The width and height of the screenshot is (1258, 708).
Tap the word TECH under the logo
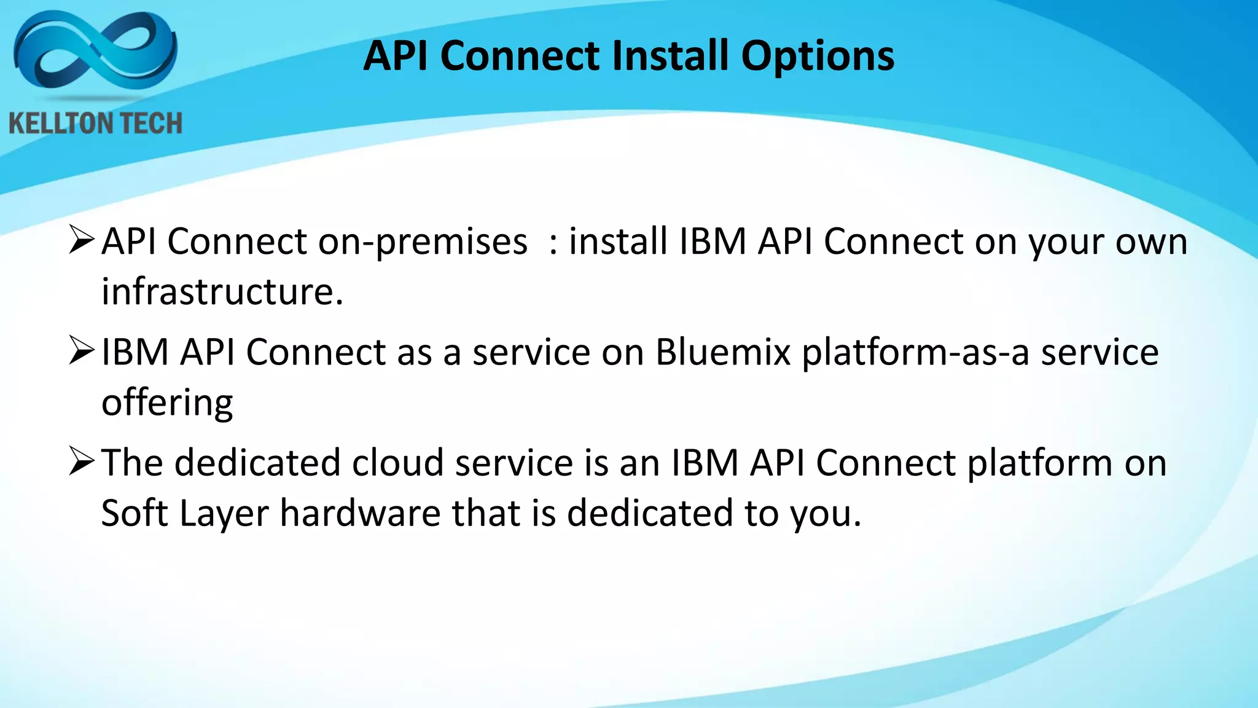click(150, 124)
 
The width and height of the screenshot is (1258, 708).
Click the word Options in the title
click(818, 57)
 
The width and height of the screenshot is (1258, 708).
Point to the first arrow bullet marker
click(82, 240)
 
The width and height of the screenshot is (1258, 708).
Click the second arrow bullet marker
click(82, 351)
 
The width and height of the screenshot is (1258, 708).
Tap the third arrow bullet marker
click(82, 462)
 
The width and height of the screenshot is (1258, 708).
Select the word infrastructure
click(221, 291)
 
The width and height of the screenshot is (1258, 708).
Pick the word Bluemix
click(722, 353)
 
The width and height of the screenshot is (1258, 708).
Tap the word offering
click(167, 404)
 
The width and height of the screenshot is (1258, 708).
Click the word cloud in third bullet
click(397, 463)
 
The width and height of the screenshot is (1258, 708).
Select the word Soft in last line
click(133, 513)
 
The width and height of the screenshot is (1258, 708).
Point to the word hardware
click(360, 513)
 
